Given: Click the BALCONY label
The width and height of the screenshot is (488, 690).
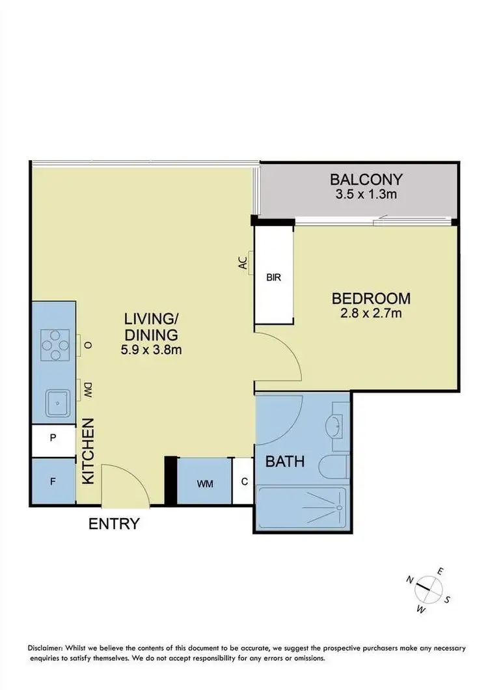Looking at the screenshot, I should coord(366,179).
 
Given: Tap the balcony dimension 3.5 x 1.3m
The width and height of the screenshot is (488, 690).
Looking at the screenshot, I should coord(366,194).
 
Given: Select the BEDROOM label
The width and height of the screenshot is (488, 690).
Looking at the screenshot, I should coord(371,299).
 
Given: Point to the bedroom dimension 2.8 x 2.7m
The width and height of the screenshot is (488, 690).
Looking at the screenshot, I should coord(371,314).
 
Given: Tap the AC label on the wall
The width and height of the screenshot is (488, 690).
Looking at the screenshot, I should coord(243,263).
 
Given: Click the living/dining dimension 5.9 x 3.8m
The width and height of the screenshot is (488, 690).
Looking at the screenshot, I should coord(152,350).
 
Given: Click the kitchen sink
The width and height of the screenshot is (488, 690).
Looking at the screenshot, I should coord(57,403).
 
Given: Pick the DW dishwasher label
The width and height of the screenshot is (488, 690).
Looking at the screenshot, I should coord(85,389).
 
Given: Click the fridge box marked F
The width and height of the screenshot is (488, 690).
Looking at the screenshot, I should coord(53,482).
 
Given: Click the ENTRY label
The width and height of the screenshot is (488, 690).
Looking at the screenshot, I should coord(115,523).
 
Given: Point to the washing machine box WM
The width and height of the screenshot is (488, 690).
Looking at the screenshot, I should coord(204,483).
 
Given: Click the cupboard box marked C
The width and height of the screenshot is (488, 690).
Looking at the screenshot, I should coord(243,482).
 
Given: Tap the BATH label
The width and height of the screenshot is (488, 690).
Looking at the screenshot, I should coord(285,462).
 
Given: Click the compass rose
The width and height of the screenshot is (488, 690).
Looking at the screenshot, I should coord(426,589).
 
